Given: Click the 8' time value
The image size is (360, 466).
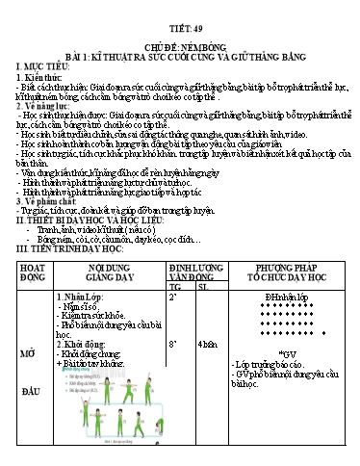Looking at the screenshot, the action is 173,342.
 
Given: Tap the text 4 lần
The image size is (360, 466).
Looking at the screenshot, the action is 205,343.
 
